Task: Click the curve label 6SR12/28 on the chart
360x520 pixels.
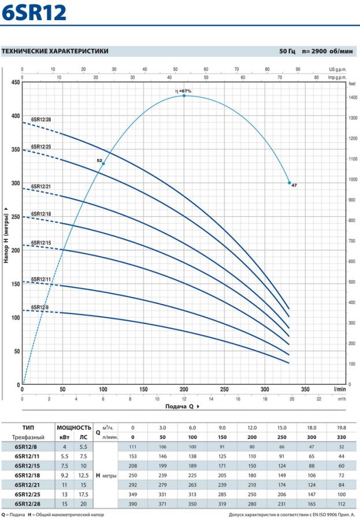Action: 40,120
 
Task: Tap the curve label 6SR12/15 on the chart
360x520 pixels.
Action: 40,243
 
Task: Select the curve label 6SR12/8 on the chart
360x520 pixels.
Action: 39,307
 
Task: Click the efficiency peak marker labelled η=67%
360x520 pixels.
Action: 184,95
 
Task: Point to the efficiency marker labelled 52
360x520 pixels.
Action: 103,164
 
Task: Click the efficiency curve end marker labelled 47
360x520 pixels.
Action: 290,183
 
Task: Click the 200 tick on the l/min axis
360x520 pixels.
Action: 184,389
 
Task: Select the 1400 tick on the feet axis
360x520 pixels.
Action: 352,98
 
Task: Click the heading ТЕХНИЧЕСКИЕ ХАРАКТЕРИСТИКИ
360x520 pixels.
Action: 55,51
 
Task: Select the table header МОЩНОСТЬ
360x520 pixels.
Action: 74,428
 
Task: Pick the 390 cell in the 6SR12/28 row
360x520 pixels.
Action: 132,504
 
